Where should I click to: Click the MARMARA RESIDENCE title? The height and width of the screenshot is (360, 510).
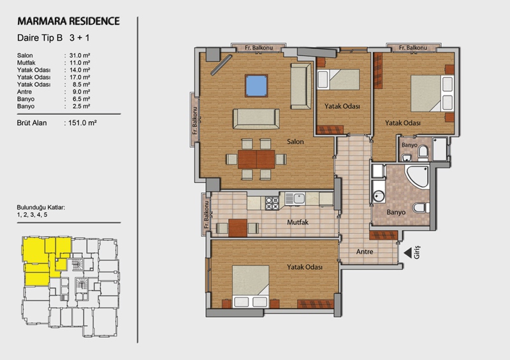tap(69, 21)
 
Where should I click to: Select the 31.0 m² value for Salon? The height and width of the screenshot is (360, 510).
tap(80, 55)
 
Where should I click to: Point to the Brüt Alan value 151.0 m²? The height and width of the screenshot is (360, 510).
tap(83, 123)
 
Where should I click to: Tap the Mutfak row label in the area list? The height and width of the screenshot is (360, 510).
tap(26, 63)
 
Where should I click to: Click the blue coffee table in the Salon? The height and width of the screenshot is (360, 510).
tap(257, 86)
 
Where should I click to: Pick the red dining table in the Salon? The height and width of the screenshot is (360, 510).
tap(256, 159)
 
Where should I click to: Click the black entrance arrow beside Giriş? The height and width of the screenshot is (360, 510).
tap(407, 253)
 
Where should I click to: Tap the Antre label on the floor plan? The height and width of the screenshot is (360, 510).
tap(365, 252)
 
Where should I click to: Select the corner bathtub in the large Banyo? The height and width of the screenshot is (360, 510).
tap(418, 176)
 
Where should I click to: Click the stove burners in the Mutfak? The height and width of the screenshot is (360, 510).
tap(272, 203)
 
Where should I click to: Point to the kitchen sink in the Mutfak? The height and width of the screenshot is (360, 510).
tap(295, 198)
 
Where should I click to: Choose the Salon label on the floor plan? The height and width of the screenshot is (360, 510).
tap(295, 141)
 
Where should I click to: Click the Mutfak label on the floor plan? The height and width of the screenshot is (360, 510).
tap(298, 222)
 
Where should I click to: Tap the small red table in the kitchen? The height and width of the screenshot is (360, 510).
tap(238, 228)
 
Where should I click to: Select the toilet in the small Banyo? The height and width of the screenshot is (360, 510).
tap(423, 153)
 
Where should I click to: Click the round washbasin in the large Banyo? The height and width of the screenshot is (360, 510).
tap(378, 196)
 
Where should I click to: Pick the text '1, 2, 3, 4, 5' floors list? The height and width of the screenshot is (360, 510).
tap(33, 215)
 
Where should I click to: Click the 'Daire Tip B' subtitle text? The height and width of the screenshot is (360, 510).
tap(40, 38)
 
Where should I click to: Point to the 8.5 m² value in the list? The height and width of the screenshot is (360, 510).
tap(82, 85)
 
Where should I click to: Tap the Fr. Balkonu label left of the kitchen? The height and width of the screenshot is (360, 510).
tap(206, 214)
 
